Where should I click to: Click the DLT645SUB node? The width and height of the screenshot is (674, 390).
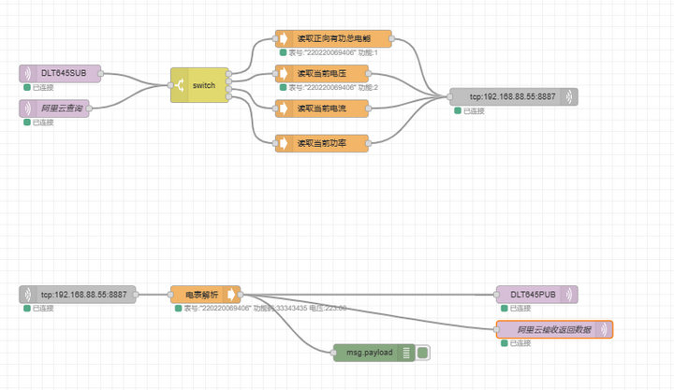[61, 72]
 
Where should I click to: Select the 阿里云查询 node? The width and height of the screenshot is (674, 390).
[61, 108]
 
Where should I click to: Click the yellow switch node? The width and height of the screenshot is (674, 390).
[199, 85]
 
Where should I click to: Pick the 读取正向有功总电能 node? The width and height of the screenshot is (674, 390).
[333, 39]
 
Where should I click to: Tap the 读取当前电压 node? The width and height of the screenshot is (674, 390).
[333, 73]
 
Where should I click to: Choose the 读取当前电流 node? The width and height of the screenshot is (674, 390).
[333, 108]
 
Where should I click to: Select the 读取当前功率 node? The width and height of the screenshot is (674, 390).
[333, 142]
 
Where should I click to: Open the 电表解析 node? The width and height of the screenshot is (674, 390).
[205, 294]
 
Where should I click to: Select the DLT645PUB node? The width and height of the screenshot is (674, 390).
[536, 294]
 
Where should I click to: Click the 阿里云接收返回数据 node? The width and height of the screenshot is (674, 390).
[553, 329]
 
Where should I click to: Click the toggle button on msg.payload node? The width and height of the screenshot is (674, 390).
[423, 352]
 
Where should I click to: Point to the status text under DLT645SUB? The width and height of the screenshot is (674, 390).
[43, 87]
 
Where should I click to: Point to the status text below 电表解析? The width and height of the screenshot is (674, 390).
[262, 308]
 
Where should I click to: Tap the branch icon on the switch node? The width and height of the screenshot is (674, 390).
[180, 85]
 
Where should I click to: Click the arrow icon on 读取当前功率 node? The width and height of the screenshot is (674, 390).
[284, 142]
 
